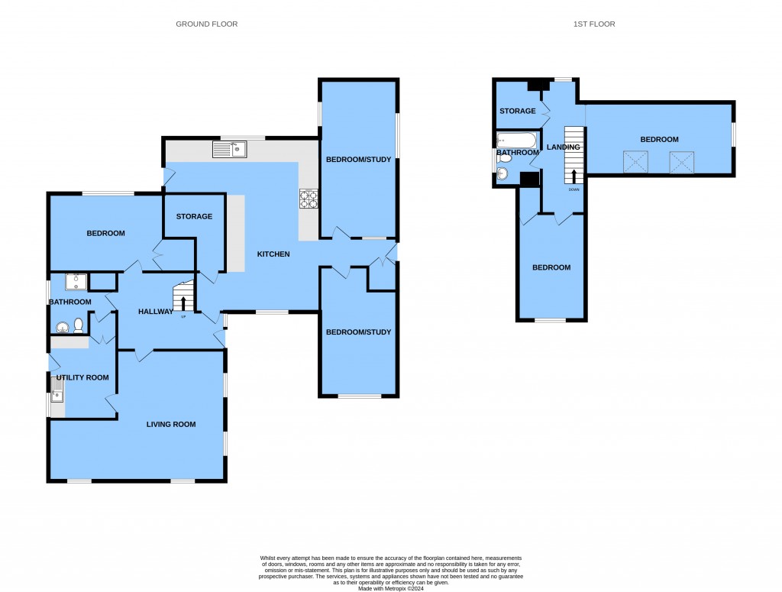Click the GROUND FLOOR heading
(x=206, y=24)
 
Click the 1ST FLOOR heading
(x=594, y=24)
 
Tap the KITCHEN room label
(x=273, y=254)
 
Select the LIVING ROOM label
(x=171, y=424)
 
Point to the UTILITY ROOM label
(x=82, y=377)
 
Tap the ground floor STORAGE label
(x=194, y=216)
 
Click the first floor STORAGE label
(x=517, y=111)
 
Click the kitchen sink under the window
(x=229, y=149)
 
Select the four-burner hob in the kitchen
(x=309, y=199)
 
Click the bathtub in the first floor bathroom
(x=517, y=141)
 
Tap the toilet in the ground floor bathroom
(x=79, y=327)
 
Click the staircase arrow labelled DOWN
(x=574, y=177)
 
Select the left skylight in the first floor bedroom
(x=636, y=162)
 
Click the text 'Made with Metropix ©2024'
(x=390, y=587)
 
